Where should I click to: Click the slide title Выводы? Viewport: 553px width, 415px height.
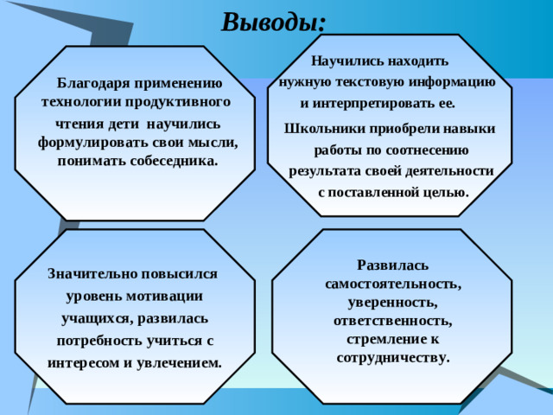(x=273, y=20)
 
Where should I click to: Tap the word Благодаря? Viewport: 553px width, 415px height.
(x=93, y=83)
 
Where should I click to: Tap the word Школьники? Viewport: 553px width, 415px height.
(x=322, y=128)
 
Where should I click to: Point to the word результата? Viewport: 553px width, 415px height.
(x=326, y=170)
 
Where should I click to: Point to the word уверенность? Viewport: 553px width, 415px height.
(x=393, y=302)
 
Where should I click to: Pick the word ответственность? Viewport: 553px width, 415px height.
(x=393, y=320)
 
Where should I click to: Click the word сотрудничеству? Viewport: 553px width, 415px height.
(x=393, y=356)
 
